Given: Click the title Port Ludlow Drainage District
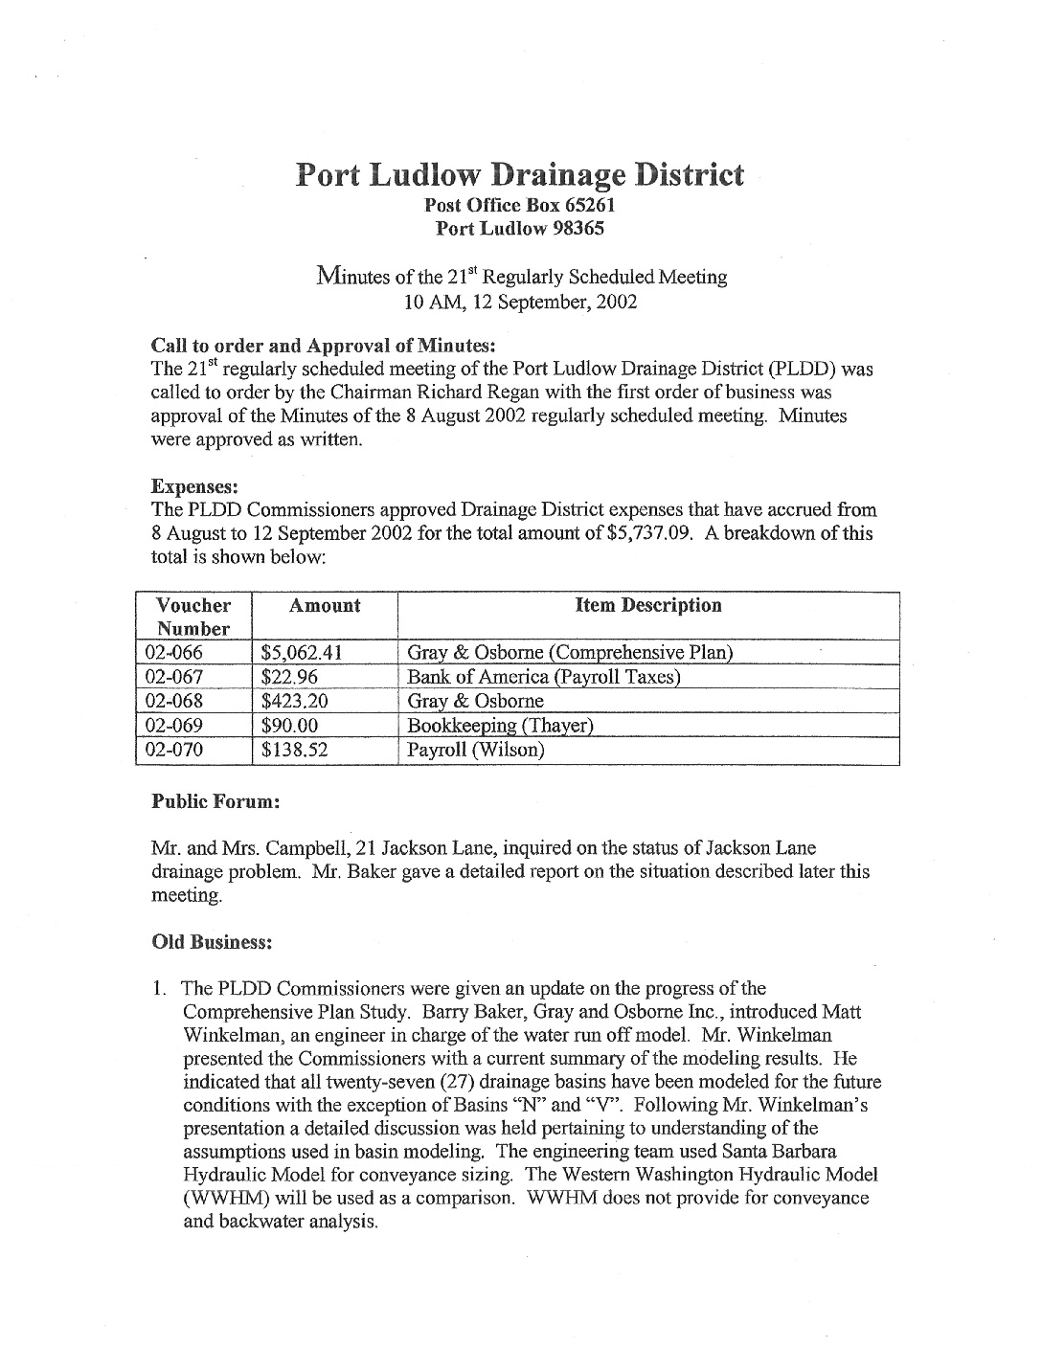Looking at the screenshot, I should (x=519, y=175).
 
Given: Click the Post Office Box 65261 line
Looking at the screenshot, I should (x=519, y=205).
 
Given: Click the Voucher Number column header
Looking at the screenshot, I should (x=193, y=617).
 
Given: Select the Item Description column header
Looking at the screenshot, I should (x=648, y=605).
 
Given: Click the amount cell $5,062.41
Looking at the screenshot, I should (x=302, y=654).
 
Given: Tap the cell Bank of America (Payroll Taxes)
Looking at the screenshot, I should (x=543, y=678).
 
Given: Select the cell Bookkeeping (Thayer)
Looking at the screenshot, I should (x=500, y=726).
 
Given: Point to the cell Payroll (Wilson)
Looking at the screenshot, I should (x=476, y=750).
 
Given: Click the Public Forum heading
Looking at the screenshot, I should (x=215, y=801).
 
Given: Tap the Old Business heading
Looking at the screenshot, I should (x=213, y=942).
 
